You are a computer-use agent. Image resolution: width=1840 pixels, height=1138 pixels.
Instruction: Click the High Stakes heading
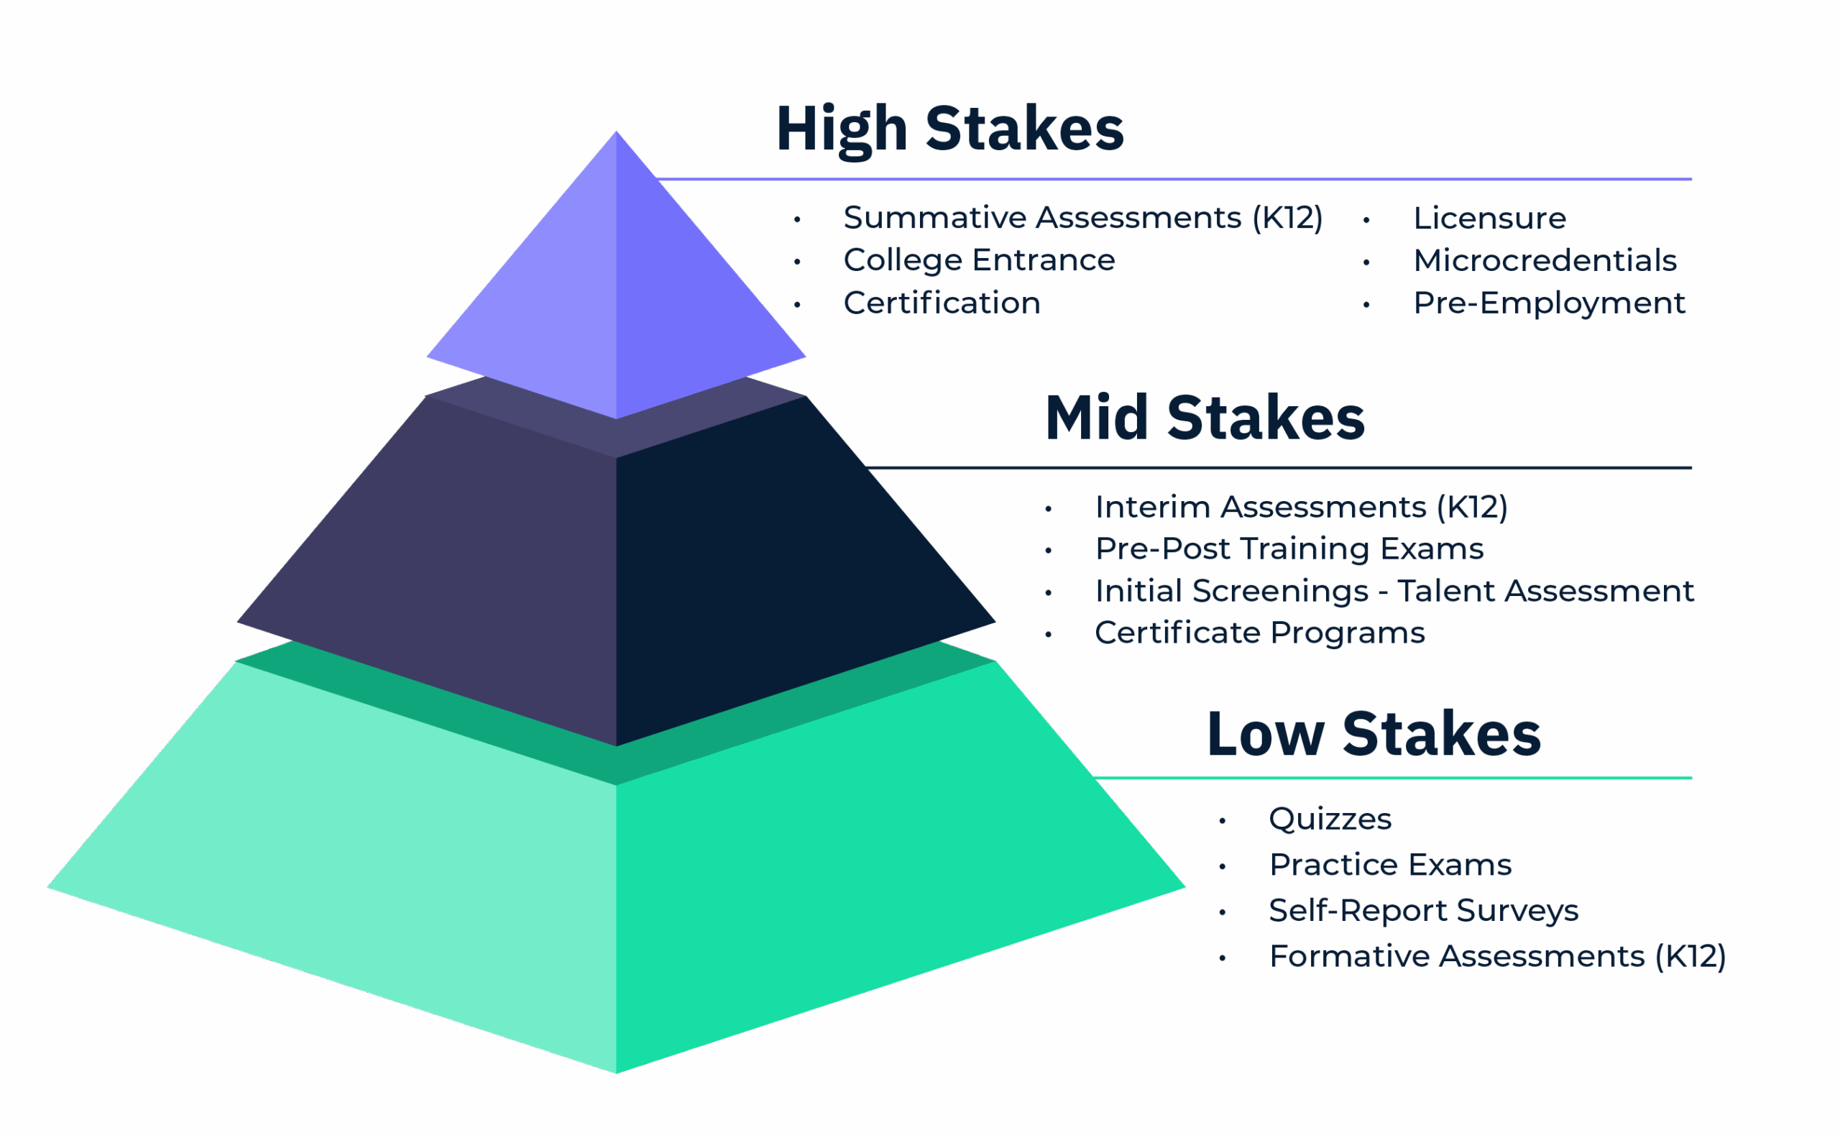click(x=949, y=129)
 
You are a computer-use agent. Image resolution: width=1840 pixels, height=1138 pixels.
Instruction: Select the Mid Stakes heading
click(x=1205, y=418)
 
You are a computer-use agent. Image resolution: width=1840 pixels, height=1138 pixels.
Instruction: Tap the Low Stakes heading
click(x=1374, y=735)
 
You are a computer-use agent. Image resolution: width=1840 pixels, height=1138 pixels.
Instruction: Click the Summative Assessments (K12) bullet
click(x=1082, y=219)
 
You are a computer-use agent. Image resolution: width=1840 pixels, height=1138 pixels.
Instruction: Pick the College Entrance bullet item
click(x=978, y=260)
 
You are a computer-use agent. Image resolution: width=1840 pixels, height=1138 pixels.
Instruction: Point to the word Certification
click(x=942, y=303)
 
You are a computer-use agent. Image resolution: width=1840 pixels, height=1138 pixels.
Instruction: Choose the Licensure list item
click(x=1489, y=219)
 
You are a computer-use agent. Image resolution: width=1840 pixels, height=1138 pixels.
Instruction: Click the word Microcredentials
click(x=1545, y=260)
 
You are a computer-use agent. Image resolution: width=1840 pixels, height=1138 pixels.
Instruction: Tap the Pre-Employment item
click(x=1549, y=303)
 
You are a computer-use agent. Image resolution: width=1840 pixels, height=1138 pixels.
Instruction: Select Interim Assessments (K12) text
click(x=1300, y=508)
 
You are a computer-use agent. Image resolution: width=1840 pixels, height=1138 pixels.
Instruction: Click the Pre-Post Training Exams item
click(x=1289, y=549)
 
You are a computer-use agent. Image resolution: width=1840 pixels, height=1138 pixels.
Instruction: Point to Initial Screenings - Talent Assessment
click(x=1394, y=591)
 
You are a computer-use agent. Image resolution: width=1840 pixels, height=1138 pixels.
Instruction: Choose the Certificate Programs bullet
click(x=1259, y=633)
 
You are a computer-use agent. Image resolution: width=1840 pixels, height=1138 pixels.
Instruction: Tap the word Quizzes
click(x=1330, y=819)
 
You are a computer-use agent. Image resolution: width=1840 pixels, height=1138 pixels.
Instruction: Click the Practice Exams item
click(x=1390, y=865)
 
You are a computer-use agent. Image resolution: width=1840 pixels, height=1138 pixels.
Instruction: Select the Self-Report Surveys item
click(x=1423, y=911)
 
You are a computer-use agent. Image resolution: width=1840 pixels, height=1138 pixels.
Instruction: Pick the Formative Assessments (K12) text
click(x=1497, y=957)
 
